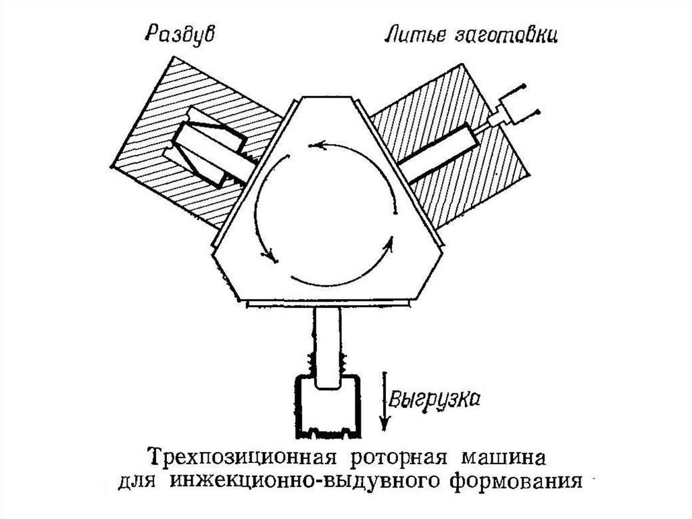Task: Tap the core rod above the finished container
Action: click(328, 345)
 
